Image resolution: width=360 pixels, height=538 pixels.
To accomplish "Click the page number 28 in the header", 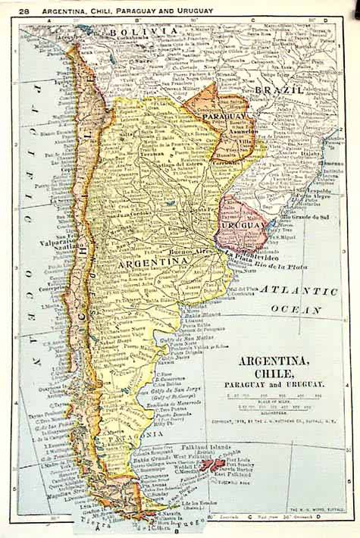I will pos(24,11).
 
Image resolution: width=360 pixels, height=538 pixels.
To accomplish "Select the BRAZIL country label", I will pos(278,89).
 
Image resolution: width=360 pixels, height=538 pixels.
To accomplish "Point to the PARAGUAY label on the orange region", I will pos(225,117).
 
